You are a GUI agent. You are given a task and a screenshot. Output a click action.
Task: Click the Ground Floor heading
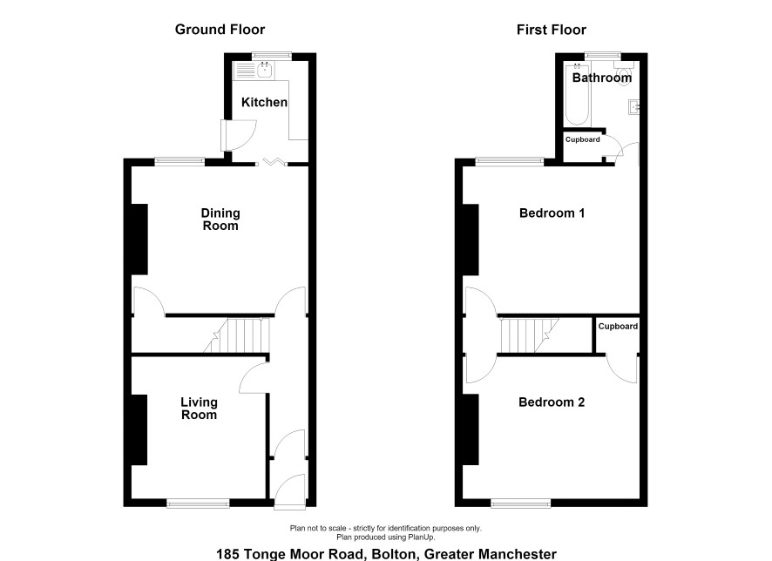tap(220, 30)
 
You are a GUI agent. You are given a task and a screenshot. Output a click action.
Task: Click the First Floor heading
tap(552, 30)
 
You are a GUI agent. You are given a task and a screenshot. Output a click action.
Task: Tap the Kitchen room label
tap(264, 102)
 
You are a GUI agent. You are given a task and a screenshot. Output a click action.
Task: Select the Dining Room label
tap(220, 220)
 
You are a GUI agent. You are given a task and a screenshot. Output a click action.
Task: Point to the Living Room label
tap(199, 409)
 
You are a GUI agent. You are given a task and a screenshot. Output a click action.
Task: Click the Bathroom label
tap(601, 78)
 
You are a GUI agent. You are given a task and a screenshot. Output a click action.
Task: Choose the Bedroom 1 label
tap(552, 213)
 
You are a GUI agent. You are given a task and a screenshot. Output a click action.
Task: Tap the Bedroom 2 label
tap(552, 402)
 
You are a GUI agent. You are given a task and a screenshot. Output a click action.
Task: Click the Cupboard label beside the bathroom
tap(582, 139)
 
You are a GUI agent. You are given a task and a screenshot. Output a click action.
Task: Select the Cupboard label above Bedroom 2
tap(618, 327)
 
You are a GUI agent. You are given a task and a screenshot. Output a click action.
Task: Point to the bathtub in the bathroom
tap(577, 94)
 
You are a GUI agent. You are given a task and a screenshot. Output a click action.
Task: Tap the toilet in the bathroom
tap(623, 73)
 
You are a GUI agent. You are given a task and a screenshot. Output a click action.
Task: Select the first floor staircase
tap(530, 335)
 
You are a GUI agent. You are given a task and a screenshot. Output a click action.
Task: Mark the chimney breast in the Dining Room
tap(139, 240)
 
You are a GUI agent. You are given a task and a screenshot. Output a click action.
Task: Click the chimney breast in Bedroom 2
tap(471, 429)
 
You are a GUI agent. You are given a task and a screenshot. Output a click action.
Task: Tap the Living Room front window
tap(198, 503)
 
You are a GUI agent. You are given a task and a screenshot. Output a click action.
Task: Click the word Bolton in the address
tap(393, 554)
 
